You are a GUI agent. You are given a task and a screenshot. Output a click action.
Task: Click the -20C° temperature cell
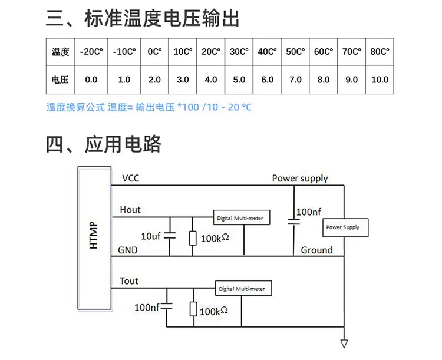91,52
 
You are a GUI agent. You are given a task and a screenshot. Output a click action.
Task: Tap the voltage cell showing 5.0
239,80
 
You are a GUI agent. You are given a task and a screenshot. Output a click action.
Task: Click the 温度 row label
61,52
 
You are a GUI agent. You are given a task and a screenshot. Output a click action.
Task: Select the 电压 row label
61,80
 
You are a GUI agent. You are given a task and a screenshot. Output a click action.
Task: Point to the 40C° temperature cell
267,52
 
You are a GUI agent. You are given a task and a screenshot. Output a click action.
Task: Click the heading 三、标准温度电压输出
143,19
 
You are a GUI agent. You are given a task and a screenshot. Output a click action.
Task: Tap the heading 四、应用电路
104,144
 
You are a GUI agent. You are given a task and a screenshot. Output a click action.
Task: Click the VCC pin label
130,178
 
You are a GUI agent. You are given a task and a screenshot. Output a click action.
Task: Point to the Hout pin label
130,210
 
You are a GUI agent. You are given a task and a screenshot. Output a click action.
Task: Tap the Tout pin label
129,281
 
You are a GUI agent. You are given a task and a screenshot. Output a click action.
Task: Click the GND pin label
128,250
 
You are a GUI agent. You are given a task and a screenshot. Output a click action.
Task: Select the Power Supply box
342,227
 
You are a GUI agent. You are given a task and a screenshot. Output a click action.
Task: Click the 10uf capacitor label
150,236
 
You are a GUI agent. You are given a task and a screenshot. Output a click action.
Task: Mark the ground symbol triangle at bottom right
344,344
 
